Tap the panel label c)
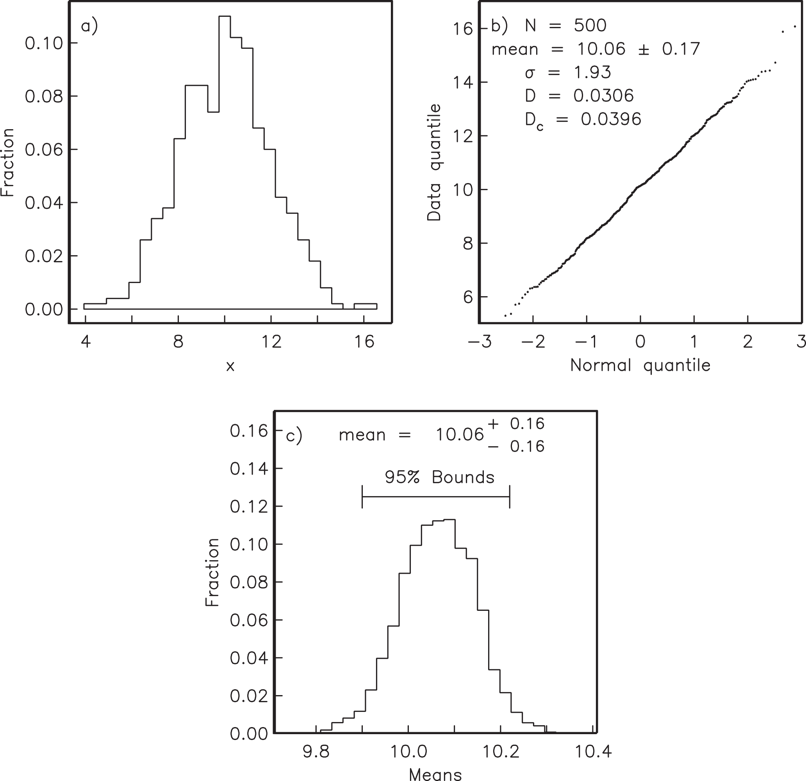click(294, 436)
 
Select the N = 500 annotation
click(565, 26)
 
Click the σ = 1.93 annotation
click(568, 73)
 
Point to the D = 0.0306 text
click(579, 96)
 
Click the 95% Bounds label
click(440, 478)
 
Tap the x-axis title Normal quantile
click(640, 365)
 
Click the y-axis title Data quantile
click(434, 162)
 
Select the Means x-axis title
click(435, 775)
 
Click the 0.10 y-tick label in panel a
click(44, 44)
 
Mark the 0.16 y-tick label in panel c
click(249, 431)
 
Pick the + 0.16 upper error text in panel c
click(516, 424)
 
